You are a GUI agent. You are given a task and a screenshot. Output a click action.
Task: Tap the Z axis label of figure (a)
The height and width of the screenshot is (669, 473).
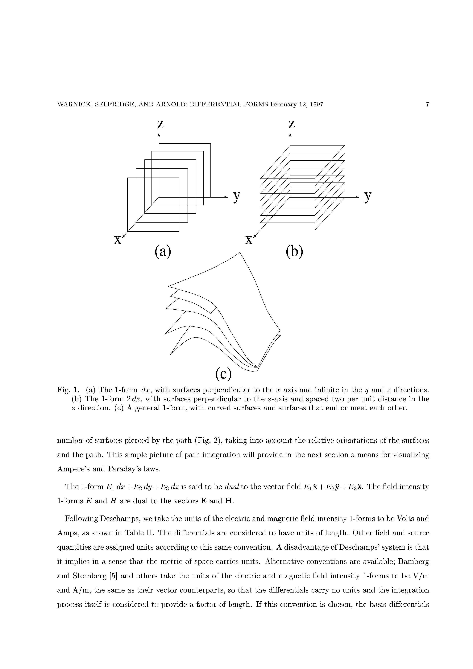click(160, 125)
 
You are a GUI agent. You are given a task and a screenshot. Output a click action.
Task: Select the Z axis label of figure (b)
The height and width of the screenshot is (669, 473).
click(291, 125)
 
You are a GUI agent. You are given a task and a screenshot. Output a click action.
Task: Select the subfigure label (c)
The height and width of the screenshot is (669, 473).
click(224, 374)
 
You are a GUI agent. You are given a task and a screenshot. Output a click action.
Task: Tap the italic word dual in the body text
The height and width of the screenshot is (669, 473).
click(232, 487)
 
